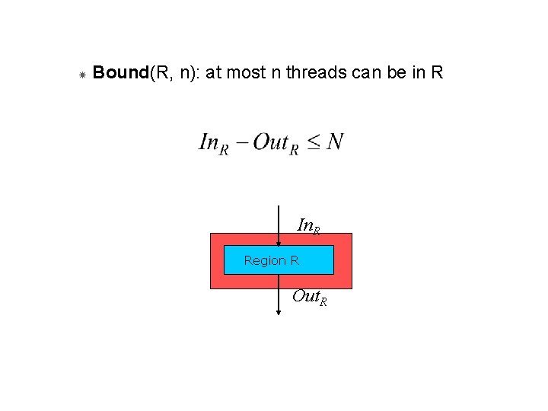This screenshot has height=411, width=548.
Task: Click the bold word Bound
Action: click(120, 73)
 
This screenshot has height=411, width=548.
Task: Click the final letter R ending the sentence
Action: click(437, 73)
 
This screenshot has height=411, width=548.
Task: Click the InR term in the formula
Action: click(213, 143)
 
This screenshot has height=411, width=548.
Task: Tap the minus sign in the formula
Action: click(241, 142)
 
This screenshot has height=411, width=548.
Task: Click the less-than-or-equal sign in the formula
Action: click(314, 142)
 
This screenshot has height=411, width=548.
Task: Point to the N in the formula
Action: click(334, 142)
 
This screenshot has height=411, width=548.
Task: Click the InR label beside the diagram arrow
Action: click(308, 226)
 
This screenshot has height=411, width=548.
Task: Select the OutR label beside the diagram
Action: click(310, 297)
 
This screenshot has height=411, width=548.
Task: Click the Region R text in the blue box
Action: click(271, 260)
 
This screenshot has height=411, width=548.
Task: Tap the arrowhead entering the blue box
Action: click(278, 243)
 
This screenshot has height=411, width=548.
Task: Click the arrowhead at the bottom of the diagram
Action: click(278, 311)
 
